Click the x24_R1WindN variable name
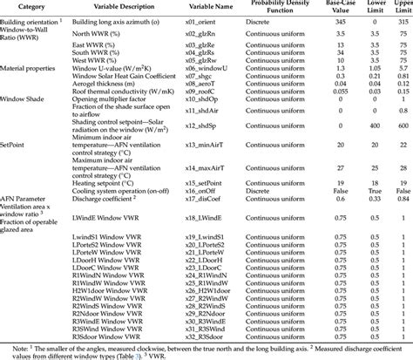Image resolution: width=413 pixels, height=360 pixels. (x=209, y=280)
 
